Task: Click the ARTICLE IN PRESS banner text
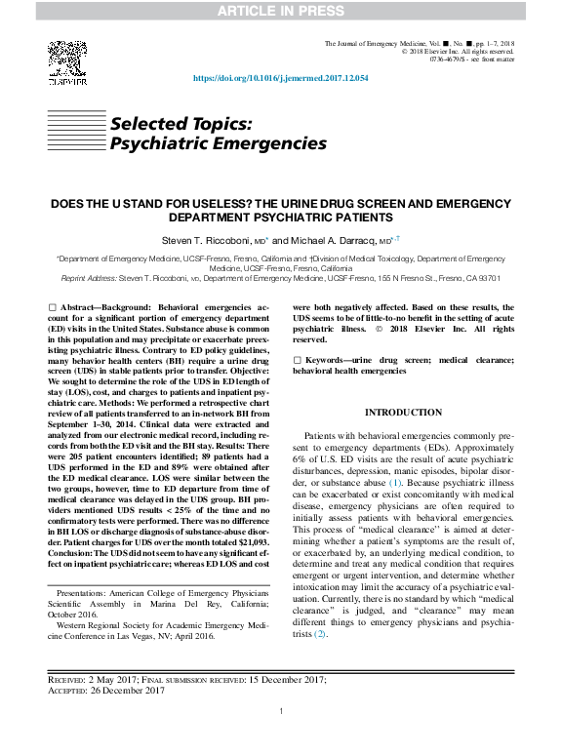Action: click(x=281, y=11)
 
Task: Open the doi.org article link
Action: click(x=281, y=78)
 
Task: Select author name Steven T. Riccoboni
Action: click(x=206, y=240)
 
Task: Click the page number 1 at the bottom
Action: click(x=281, y=738)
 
